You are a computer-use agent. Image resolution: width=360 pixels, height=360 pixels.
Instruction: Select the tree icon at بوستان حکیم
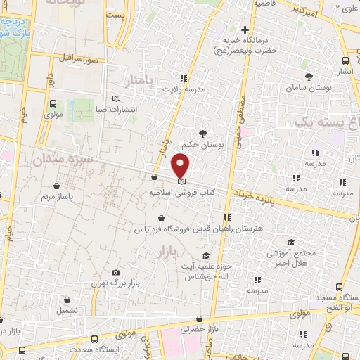(203, 134)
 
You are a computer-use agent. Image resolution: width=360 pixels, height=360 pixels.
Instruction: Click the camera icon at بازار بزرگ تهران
(115, 272)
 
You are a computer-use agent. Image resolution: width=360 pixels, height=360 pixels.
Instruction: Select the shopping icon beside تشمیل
(67, 300)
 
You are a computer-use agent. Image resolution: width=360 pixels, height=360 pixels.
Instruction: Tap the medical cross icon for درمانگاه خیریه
(245, 30)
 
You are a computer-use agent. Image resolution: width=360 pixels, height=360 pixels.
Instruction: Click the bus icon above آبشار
(345, 61)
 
